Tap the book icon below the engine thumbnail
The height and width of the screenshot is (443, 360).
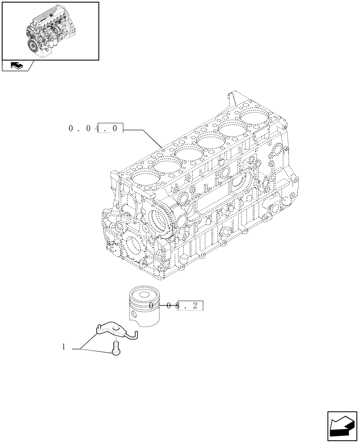tap(16, 66)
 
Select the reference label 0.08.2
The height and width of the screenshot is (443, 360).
tap(177, 306)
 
